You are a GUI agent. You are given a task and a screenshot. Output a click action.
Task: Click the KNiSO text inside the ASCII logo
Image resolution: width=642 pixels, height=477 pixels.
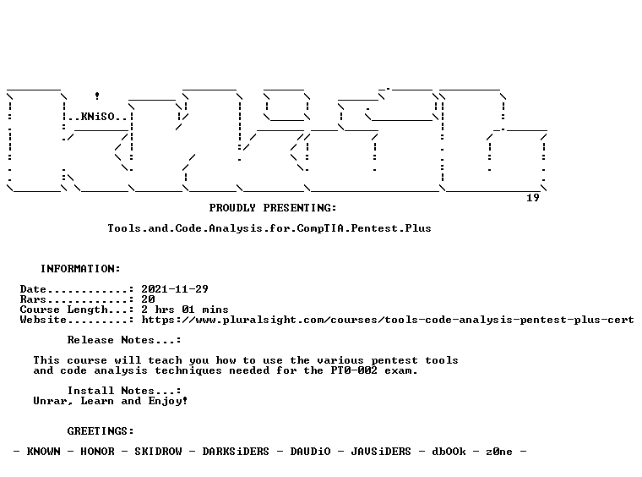97,117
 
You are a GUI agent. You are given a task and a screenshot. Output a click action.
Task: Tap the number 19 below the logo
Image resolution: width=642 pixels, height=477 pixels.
533,198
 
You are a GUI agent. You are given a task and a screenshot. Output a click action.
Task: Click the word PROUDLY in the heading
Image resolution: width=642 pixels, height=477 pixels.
232,208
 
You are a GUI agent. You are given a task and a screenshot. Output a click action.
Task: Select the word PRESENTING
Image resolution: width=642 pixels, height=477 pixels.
300,208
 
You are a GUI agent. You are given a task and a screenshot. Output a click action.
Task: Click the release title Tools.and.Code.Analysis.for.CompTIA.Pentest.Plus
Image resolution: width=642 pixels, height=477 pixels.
269,228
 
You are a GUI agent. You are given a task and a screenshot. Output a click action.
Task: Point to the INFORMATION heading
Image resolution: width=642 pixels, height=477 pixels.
80,269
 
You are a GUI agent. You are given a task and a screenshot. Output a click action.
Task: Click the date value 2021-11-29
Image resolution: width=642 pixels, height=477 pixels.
175,289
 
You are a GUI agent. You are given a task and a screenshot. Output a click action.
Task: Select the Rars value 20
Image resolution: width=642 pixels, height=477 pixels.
148,299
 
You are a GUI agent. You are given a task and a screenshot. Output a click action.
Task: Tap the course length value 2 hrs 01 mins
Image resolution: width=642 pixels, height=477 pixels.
185,310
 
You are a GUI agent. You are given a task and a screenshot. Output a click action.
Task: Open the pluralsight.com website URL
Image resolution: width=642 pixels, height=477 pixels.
388,320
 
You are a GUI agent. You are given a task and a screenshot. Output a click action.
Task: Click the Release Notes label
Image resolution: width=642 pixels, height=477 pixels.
124,340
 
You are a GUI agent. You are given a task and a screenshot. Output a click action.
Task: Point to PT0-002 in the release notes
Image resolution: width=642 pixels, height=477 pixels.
354,370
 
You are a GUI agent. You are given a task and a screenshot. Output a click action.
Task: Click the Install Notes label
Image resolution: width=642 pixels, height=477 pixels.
124,391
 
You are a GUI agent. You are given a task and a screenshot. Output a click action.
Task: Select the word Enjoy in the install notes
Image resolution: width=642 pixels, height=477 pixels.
166,401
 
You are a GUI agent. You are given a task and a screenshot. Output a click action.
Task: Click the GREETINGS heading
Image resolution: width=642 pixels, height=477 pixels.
101,431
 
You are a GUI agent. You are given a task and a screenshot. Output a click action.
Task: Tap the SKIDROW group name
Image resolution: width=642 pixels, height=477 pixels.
158,452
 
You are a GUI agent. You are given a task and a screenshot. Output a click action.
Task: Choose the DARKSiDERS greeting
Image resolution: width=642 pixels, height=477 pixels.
236,452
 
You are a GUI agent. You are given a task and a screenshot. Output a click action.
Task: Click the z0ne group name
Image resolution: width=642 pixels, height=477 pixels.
499,452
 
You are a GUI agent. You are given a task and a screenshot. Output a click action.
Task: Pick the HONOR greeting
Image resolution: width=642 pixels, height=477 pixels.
97,452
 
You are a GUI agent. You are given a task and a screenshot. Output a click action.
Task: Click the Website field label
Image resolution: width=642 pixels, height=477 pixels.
43,320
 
